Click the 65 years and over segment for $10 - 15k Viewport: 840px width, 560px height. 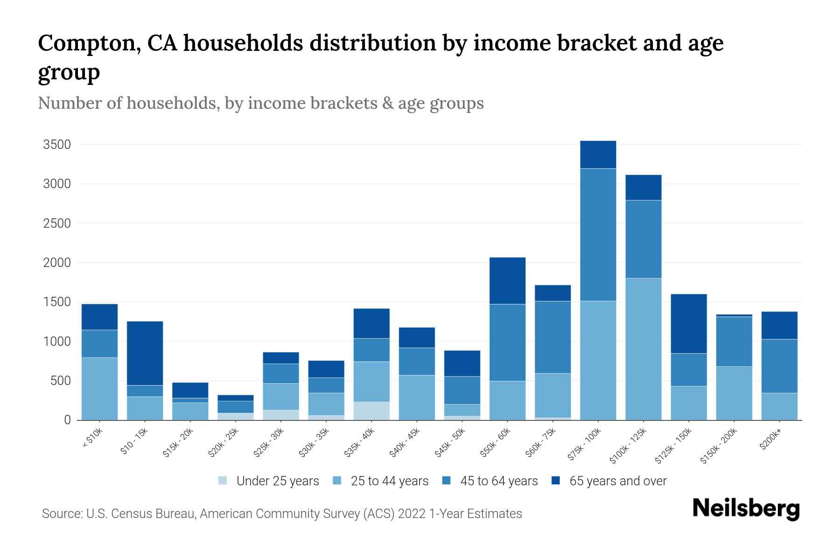coord(145,353)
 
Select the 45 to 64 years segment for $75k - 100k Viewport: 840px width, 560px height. coord(598,234)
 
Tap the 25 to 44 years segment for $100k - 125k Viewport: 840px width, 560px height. coord(643,349)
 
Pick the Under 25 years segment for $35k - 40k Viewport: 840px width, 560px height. coord(371,411)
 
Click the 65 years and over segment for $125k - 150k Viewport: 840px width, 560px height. coord(688,323)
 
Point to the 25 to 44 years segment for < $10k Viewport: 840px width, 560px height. coord(99,389)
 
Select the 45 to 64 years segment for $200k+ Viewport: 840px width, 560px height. coord(779,366)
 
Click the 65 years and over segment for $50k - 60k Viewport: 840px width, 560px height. coord(507,280)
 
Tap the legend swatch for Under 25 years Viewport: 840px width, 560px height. coord(223,481)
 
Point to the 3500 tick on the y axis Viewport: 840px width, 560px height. coord(57,145)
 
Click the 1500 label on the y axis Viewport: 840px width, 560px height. coord(57,302)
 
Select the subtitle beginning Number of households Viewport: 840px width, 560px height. coord(260,103)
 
